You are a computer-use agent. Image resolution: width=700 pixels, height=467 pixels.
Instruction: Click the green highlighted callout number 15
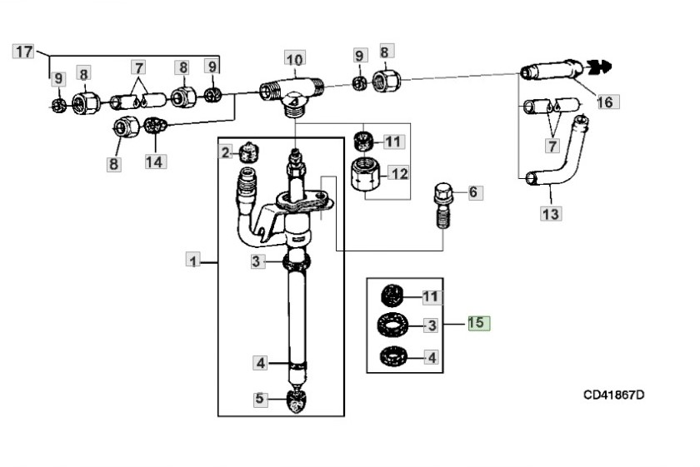(x=478, y=323)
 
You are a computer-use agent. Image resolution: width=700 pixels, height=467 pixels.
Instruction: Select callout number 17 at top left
(x=23, y=52)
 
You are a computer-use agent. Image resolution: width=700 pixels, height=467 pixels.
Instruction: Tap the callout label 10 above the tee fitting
(x=294, y=59)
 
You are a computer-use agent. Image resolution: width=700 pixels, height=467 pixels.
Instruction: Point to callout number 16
(x=605, y=102)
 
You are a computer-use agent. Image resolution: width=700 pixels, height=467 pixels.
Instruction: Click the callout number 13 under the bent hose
(x=551, y=214)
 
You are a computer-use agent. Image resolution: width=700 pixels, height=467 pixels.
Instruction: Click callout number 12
(x=399, y=174)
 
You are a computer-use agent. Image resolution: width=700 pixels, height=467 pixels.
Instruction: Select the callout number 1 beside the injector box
(x=193, y=261)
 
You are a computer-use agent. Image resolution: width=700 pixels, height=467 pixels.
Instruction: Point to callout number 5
(x=261, y=399)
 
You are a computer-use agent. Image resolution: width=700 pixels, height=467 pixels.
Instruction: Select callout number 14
(x=154, y=161)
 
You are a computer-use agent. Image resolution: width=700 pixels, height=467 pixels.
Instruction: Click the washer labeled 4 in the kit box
(x=392, y=356)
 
